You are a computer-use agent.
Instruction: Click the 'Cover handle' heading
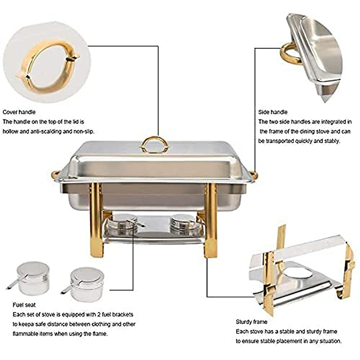[x=19, y=112]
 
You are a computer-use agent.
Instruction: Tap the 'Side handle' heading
[x=273, y=112]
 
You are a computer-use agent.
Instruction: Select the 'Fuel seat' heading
[x=24, y=305]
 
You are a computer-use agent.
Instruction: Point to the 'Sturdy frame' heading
[x=251, y=322]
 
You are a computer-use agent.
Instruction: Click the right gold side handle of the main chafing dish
[x=254, y=174]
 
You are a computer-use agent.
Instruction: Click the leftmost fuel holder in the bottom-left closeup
[x=31, y=278]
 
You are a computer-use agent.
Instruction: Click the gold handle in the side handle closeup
[x=289, y=54]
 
